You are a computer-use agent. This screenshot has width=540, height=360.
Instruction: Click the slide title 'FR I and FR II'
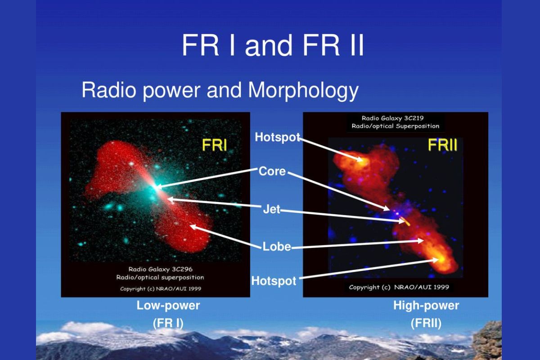coord(272,45)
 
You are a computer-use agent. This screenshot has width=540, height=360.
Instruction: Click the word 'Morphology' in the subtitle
coord(303,90)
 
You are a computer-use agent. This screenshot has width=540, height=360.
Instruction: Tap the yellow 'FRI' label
coord(215,145)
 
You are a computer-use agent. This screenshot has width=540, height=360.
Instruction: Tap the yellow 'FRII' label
coord(442,145)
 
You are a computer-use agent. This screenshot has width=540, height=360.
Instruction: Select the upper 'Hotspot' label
coord(278,137)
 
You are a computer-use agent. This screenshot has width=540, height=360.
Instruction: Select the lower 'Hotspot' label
coord(274,281)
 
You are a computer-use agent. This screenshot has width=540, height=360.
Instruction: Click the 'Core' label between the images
coord(272,171)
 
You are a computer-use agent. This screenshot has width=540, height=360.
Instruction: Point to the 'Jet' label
coord(272,209)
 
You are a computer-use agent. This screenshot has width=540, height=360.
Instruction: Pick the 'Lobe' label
coord(277,247)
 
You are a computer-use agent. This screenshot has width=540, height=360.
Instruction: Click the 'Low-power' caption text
coord(168,306)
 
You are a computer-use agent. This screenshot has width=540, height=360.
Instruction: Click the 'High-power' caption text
coord(426,306)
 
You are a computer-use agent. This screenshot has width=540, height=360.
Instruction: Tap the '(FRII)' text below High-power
coord(426,324)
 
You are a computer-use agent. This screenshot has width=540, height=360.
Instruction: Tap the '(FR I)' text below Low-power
coord(168,324)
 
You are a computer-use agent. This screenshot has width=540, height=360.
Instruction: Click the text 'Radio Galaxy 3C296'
coord(160,269)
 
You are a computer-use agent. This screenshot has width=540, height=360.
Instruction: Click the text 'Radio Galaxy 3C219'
coord(393,118)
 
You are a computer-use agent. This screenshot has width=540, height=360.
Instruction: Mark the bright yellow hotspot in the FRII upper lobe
coord(362,160)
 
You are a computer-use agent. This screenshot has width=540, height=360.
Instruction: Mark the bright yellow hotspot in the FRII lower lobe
coord(441,260)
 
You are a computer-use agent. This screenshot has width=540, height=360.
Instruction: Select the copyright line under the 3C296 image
coord(161,288)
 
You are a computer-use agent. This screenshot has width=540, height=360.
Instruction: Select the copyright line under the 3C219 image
coord(399,287)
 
